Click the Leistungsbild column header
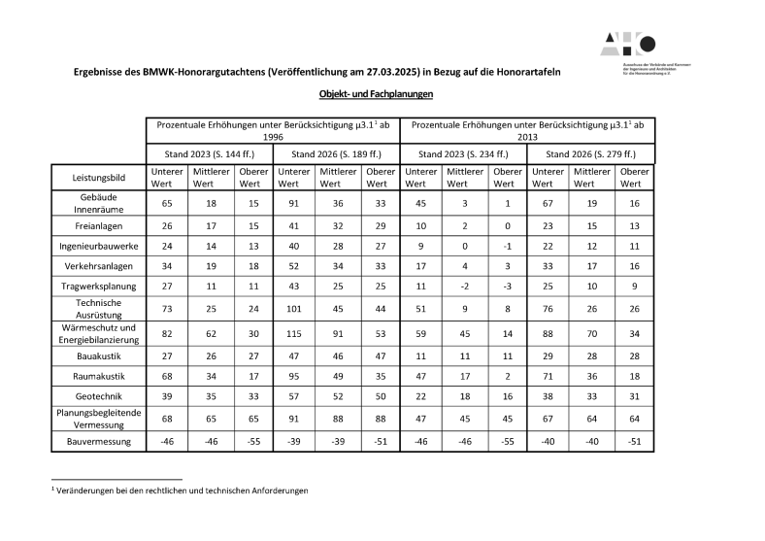pos(99,178)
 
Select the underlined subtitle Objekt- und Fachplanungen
pos(375,94)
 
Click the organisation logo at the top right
pos(629,44)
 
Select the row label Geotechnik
pos(99,397)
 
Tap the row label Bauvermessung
pos(99,442)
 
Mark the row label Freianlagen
pos(99,225)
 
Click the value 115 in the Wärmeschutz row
pos(294,334)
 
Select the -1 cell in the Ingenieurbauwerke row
pos(506,247)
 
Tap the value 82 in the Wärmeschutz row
pos(167,334)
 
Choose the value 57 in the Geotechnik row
pos(294,397)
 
